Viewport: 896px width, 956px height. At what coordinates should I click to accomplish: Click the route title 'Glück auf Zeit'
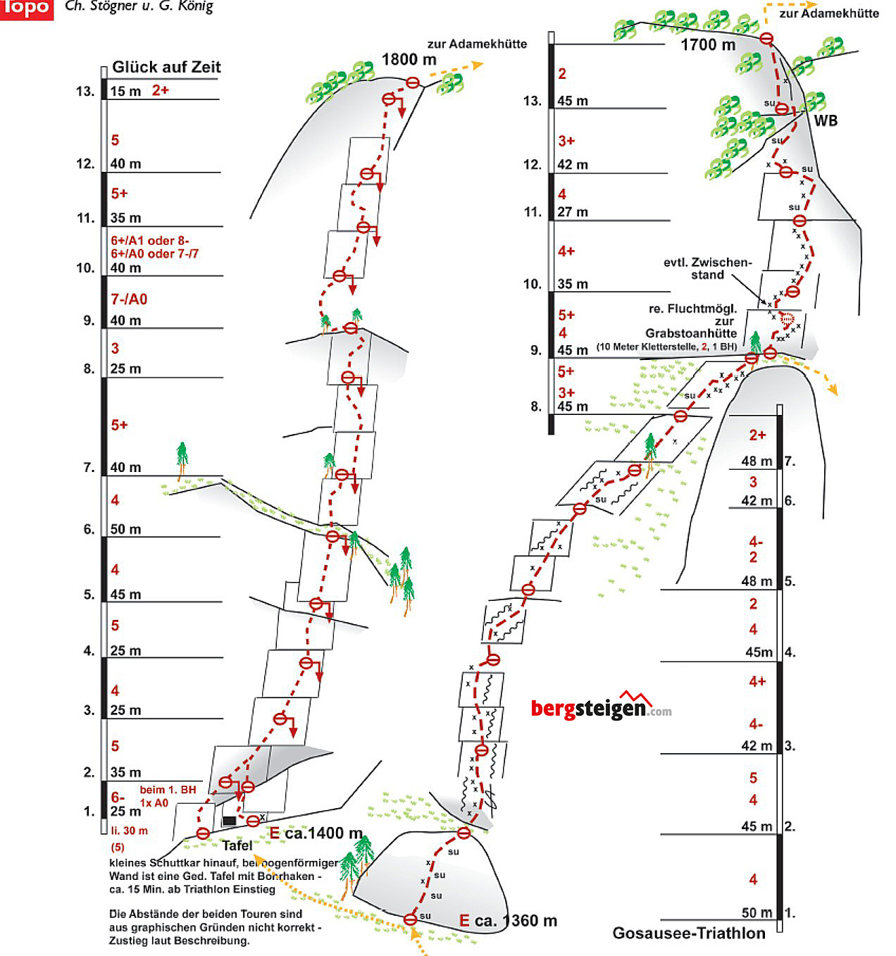(x=166, y=67)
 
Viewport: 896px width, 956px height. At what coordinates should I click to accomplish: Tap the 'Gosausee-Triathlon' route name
(x=688, y=933)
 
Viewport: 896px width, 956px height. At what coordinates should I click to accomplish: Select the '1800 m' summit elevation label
(x=409, y=60)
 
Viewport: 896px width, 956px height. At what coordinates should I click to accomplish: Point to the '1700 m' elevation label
(x=707, y=45)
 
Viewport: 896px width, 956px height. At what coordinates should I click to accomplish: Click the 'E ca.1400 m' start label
(x=316, y=833)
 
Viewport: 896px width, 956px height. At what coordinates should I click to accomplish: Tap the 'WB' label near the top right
(x=826, y=120)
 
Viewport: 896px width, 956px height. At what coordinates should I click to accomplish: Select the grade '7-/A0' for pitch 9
(x=129, y=299)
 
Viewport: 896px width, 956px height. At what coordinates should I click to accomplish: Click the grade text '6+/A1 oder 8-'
(x=149, y=240)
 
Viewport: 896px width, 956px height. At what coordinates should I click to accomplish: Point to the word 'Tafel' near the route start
(x=237, y=845)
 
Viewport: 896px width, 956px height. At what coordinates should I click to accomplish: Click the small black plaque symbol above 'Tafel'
(x=229, y=821)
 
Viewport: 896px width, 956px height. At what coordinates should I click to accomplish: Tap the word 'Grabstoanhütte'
(x=690, y=333)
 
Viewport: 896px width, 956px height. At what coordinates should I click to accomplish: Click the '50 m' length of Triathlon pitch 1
(x=757, y=912)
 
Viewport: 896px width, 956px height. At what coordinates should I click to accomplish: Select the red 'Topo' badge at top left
(x=26, y=8)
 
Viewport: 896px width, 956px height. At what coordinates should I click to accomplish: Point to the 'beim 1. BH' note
(x=168, y=790)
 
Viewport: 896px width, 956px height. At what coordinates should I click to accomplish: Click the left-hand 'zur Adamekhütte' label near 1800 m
(x=477, y=44)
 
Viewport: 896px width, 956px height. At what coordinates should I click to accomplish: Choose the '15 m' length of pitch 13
(x=125, y=91)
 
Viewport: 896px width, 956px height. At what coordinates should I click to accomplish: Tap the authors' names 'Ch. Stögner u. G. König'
(x=139, y=7)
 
